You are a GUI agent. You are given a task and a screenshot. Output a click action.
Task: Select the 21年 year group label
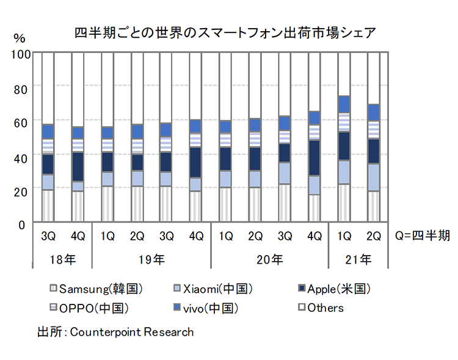tap(358, 259)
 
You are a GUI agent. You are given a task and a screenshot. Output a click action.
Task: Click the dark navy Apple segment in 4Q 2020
tap(314, 158)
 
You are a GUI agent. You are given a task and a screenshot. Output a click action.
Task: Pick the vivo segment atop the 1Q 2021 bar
tap(344, 104)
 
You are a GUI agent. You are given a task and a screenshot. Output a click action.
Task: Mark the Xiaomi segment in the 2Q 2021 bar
tap(373, 178)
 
